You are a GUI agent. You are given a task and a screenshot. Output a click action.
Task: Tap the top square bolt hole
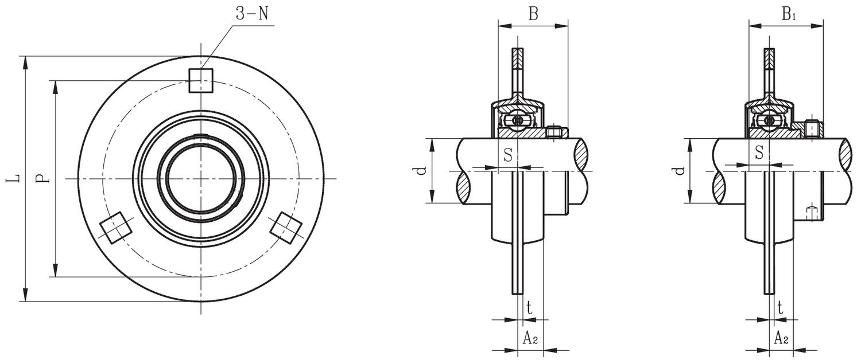pyautogui.click(x=201, y=80)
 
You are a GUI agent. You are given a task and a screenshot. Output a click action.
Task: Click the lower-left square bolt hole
pyautogui.click(x=116, y=228)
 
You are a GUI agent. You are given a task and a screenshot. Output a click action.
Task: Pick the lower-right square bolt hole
pyautogui.click(x=286, y=228)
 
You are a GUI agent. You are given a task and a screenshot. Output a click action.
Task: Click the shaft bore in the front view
pyautogui.click(x=201, y=178)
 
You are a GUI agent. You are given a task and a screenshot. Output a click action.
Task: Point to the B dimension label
pyautogui.click(x=533, y=14)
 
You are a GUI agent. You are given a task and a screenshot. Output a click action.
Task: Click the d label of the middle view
pyautogui.click(x=421, y=170)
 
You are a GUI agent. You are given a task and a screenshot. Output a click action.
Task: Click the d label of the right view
pyautogui.click(x=680, y=170)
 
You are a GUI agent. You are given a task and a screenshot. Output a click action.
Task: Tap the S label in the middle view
pyautogui.click(x=508, y=154)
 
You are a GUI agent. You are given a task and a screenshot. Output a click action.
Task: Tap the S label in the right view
pyautogui.click(x=759, y=152)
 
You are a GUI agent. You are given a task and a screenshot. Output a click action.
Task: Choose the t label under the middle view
pyautogui.click(x=529, y=308)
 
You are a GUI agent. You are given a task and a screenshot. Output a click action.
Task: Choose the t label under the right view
pyautogui.click(x=780, y=308)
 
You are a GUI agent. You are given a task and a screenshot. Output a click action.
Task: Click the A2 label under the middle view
pyautogui.click(x=530, y=338)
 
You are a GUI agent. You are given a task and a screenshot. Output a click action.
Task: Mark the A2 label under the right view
pyautogui.click(x=781, y=338)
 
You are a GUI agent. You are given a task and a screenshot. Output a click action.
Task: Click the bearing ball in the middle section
pyautogui.click(x=518, y=120)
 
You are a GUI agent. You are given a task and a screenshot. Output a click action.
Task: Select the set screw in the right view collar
pyautogui.click(x=812, y=128)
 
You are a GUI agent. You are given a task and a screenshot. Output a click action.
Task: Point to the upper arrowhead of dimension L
pyautogui.click(x=25, y=62)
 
